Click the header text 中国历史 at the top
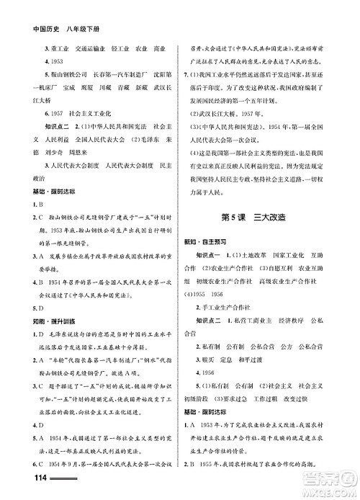(x=30, y=12)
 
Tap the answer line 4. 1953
(x=37, y=61)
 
